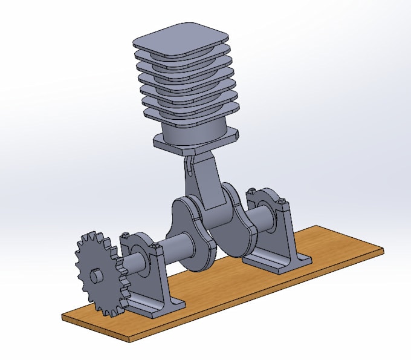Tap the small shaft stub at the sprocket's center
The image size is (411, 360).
click(95, 276)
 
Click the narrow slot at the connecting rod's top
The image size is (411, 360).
click(189, 164)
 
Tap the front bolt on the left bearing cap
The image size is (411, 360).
click(156, 245)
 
